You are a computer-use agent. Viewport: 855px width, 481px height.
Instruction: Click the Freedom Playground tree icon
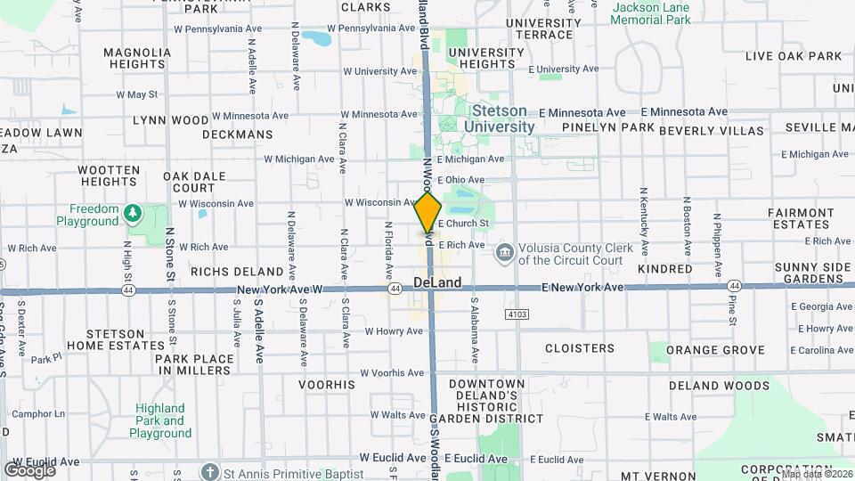tap(133, 212)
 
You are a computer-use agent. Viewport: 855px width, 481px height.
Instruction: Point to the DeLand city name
tap(437, 282)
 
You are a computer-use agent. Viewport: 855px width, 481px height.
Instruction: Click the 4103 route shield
tap(517, 314)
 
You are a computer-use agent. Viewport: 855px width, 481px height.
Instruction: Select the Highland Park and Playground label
tap(160, 420)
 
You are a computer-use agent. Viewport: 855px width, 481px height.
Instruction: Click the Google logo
tap(29, 469)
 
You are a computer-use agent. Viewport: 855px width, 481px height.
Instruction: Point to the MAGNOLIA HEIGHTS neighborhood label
tap(137, 58)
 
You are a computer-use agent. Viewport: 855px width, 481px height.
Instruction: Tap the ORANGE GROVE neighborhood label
tap(715, 350)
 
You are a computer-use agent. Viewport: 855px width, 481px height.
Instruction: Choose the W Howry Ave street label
tap(394, 330)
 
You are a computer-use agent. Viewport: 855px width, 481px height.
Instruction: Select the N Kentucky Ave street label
tap(641, 216)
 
